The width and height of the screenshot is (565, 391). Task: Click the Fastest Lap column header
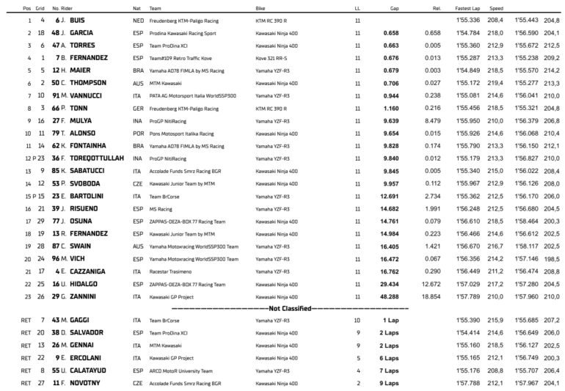(467, 8)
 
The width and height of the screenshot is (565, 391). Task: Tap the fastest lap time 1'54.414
(467, 333)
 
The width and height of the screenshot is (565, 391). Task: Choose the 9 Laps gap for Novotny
(390, 383)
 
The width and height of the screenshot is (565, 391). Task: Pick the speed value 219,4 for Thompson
(495, 84)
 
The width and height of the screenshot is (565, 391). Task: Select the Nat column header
(136, 8)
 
